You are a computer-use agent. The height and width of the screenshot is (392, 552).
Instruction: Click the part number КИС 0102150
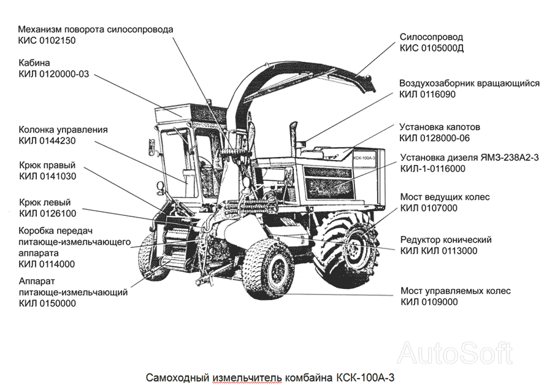pos(47,40)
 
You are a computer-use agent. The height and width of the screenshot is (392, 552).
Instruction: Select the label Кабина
pos(34,63)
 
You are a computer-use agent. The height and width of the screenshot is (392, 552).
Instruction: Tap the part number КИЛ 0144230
pos(47,141)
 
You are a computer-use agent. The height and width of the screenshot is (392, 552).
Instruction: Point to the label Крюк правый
pos(47,165)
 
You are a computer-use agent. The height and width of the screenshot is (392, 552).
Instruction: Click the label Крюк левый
pos(45,202)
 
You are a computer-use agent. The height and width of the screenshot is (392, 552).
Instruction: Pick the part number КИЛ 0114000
pos(47,264)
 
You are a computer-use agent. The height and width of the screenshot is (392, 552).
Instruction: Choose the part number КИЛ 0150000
pos(47,303)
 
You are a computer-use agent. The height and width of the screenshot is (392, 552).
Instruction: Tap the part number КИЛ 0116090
pos(427,94)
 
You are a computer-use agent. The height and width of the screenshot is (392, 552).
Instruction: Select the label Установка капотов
pos(440,127)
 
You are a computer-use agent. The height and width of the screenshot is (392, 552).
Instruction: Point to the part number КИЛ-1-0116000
pos(432,169)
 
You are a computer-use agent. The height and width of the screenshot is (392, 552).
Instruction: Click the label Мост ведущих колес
pos(445,197)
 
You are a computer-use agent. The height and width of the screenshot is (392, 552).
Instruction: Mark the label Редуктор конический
pos(446,240)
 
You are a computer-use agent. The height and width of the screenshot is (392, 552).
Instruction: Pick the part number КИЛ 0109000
pos(429,302)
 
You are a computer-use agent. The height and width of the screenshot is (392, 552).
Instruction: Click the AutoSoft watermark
pos(455,353)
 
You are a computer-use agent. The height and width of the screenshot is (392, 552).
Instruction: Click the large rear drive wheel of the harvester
pos(347,247)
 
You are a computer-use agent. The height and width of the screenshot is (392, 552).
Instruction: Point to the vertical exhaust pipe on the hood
pos(293,139)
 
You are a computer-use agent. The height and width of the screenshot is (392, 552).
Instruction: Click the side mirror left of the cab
pos(151,145)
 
